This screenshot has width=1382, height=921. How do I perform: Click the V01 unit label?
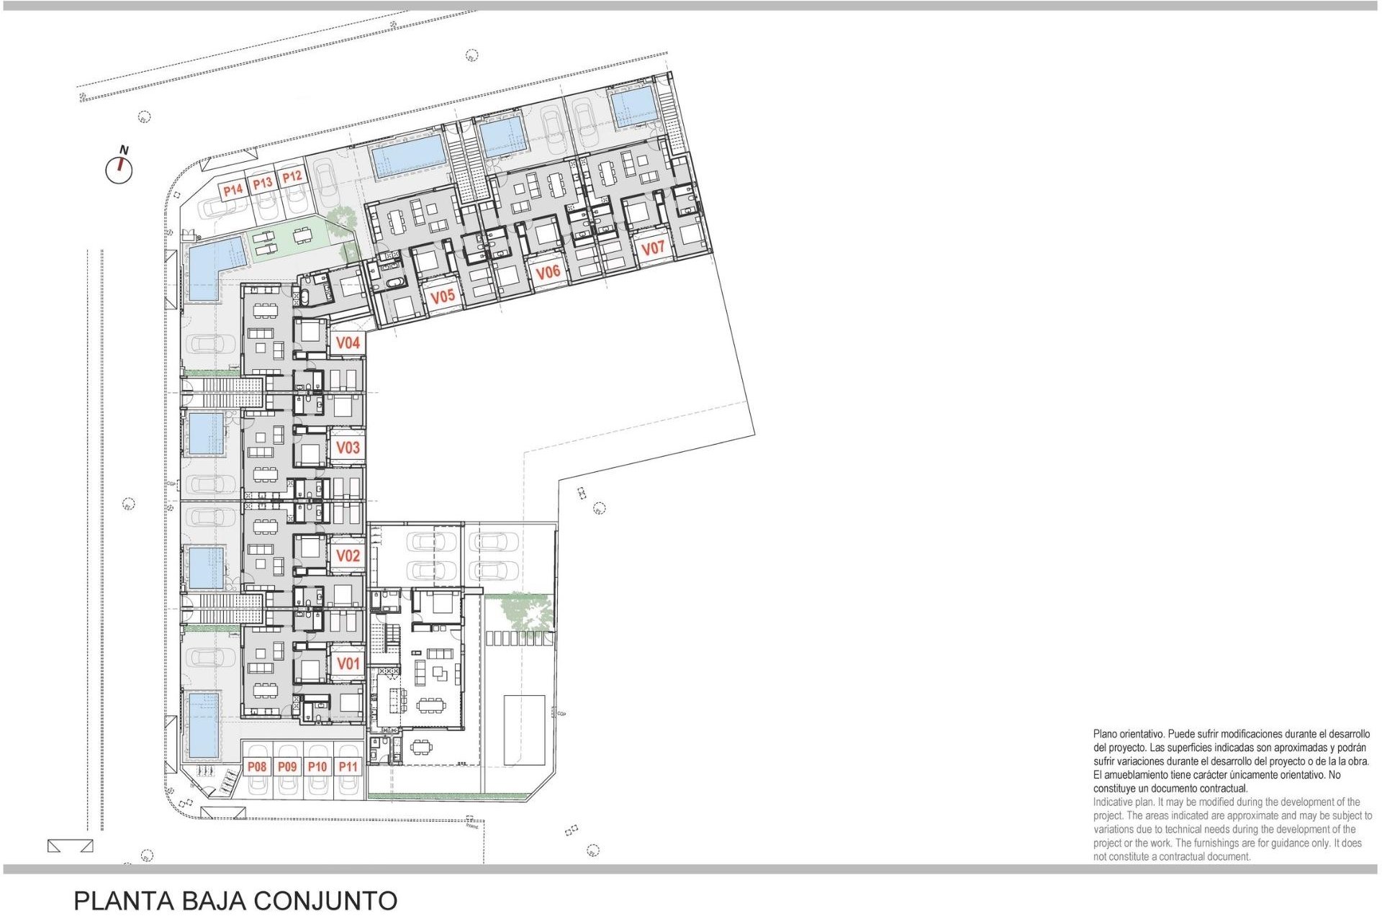pos(348,663)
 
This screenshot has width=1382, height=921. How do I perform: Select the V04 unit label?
pos(348,343)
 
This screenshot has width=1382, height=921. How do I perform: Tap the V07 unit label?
pos(653,248)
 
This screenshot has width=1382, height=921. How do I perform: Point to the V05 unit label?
pos(443,296)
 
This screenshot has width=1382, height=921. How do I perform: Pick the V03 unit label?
pos(348,448)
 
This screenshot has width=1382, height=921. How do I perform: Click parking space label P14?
pos(232,191)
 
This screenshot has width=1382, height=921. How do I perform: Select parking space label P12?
pos(292,177)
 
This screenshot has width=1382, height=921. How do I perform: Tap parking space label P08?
pos(257,767)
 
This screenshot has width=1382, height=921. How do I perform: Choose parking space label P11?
pos(348,767)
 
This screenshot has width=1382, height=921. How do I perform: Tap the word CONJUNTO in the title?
pos(325,901)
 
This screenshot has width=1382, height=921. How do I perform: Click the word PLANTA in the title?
pos(124,901)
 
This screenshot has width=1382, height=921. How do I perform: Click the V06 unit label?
pos(548,272)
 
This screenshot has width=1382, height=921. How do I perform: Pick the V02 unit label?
pos(348,555)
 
